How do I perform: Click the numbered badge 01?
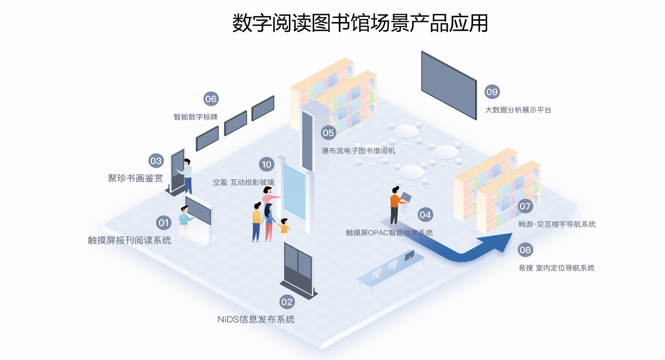164,222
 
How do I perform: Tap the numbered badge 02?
287,302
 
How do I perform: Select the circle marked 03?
156,160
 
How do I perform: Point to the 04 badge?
425,215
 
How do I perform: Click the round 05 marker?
328,132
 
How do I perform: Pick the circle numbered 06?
211,98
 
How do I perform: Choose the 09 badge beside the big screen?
492,91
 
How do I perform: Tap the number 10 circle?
267,164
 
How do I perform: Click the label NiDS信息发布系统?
256,319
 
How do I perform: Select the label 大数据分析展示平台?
518,110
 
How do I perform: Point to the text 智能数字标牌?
196,117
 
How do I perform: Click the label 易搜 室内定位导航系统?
556,268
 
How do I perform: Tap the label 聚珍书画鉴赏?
135,178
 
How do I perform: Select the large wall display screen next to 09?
449,85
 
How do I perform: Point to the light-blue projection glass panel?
294,192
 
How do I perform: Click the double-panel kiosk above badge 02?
298,268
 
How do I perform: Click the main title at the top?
360,23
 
